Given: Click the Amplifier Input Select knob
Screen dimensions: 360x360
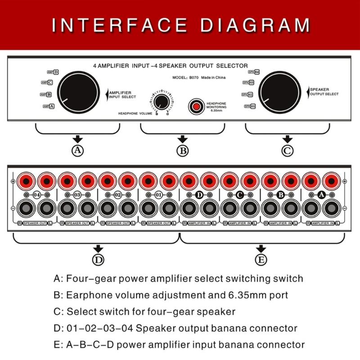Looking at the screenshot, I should coord(79,92).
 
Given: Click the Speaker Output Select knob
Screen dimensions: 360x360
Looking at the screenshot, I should coord(281,92).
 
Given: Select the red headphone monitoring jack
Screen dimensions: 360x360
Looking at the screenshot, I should coord(196,106).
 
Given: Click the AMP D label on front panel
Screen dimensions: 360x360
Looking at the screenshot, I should coord(53,72).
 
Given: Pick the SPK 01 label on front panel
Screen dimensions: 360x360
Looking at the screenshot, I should coord(250,106).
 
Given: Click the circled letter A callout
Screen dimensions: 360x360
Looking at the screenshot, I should coord(78,151).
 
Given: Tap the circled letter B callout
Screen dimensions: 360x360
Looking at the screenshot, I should coord(182,151).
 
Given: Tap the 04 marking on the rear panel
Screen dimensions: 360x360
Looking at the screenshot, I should coord(36,195).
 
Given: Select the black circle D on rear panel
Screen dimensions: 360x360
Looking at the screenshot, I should coord(199,195).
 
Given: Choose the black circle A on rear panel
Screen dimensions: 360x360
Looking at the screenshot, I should coord(321,195).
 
